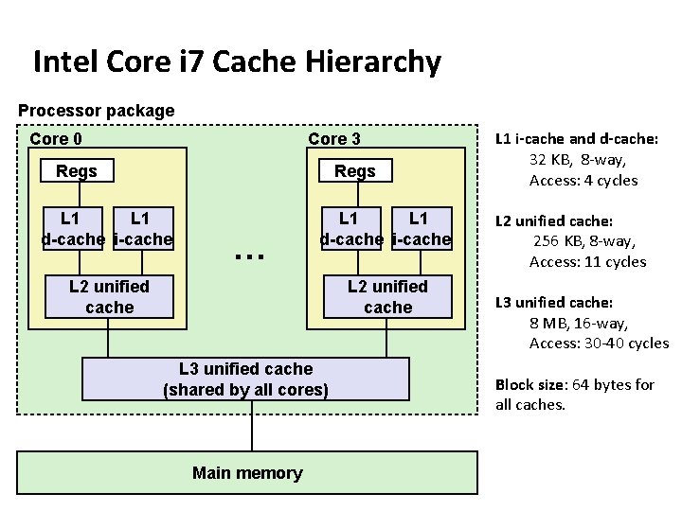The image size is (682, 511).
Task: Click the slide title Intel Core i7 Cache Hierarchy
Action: (x=237, y=62)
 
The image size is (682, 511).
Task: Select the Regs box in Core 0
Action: (x=77, y=171)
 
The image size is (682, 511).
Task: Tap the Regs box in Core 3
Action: (x=355, y=171)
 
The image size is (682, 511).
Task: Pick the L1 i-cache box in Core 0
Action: (x=142, y=229)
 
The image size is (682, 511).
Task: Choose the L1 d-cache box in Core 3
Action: (x=351, y=229)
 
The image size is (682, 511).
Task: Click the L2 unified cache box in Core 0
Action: (x=109, y=297)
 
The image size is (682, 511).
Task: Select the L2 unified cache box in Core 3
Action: (x=387, y=297)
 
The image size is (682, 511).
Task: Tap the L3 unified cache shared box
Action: (x=246, y=379)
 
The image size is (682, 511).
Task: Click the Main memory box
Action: (x=247, y=473)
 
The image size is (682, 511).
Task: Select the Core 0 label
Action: (x=56, y=139)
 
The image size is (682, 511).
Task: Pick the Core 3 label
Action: (x=334, y=139)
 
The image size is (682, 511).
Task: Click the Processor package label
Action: (x=97, y=111)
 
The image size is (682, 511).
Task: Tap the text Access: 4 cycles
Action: (x=583, y=181)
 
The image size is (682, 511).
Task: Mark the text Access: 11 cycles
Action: (x=587, y=262)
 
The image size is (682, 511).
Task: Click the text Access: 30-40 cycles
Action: (x=599, y=344)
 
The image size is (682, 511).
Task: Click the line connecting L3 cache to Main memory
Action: (x=252, y=426)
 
